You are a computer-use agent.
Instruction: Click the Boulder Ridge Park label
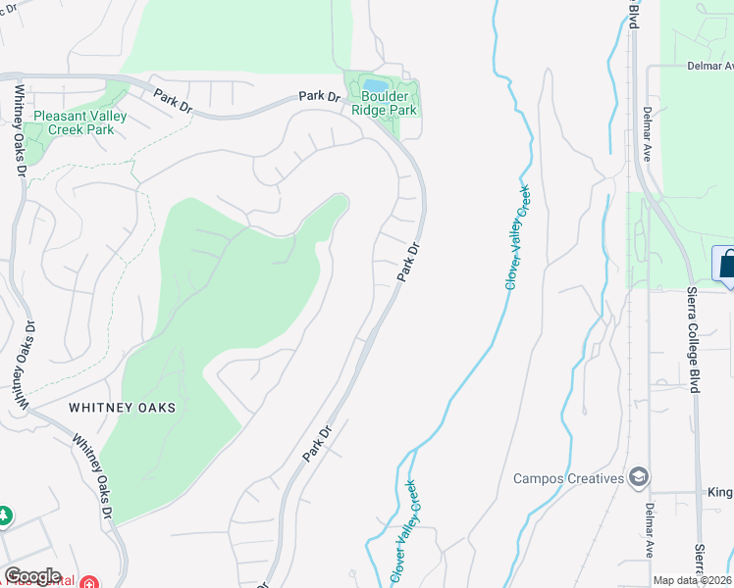point(390,103)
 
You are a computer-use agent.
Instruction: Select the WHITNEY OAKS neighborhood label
point(122,408)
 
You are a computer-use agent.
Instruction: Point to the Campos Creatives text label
point(569,478)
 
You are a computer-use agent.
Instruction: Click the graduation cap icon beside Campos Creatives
point(639,477)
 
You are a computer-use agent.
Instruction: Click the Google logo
point(32,576)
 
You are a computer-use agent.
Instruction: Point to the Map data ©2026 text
point(693,580)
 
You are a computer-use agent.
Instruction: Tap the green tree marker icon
point(4,515)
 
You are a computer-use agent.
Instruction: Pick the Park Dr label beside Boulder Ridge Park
point(319,97)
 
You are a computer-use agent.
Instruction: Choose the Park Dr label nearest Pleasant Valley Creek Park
point(173,101)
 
